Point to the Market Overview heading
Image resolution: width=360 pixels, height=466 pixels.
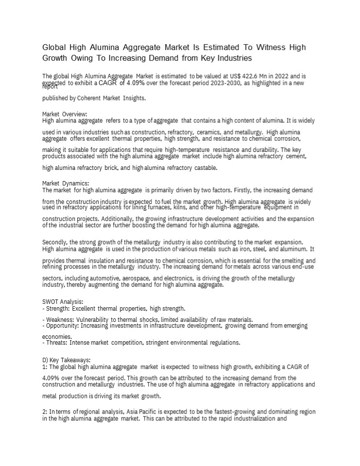click(x=65, y=114)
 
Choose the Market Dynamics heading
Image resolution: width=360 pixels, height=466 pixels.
click(x=66, y=183)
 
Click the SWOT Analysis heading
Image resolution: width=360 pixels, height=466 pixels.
click(x=63, y=301)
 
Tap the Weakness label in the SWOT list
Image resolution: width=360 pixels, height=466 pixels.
click(x=59, y=319)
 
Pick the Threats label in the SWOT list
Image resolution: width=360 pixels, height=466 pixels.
click(x=55, y=342)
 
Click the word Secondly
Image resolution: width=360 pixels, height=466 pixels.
click(x=55, y=242)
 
